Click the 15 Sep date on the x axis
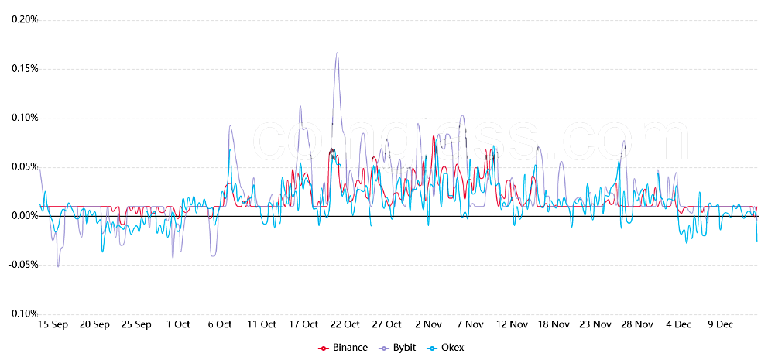coord(53,325)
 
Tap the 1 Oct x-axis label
coord(178,325)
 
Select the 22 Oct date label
coord(345,325)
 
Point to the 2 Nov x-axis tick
coord(428,325)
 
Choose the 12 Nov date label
coord(512,325)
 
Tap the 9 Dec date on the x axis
coord(720,325)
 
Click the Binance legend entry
coord(343,348)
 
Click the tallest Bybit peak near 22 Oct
coord(337,53)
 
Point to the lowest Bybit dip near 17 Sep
coord(57,267)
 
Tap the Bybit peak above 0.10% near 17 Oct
coord(300,107)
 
